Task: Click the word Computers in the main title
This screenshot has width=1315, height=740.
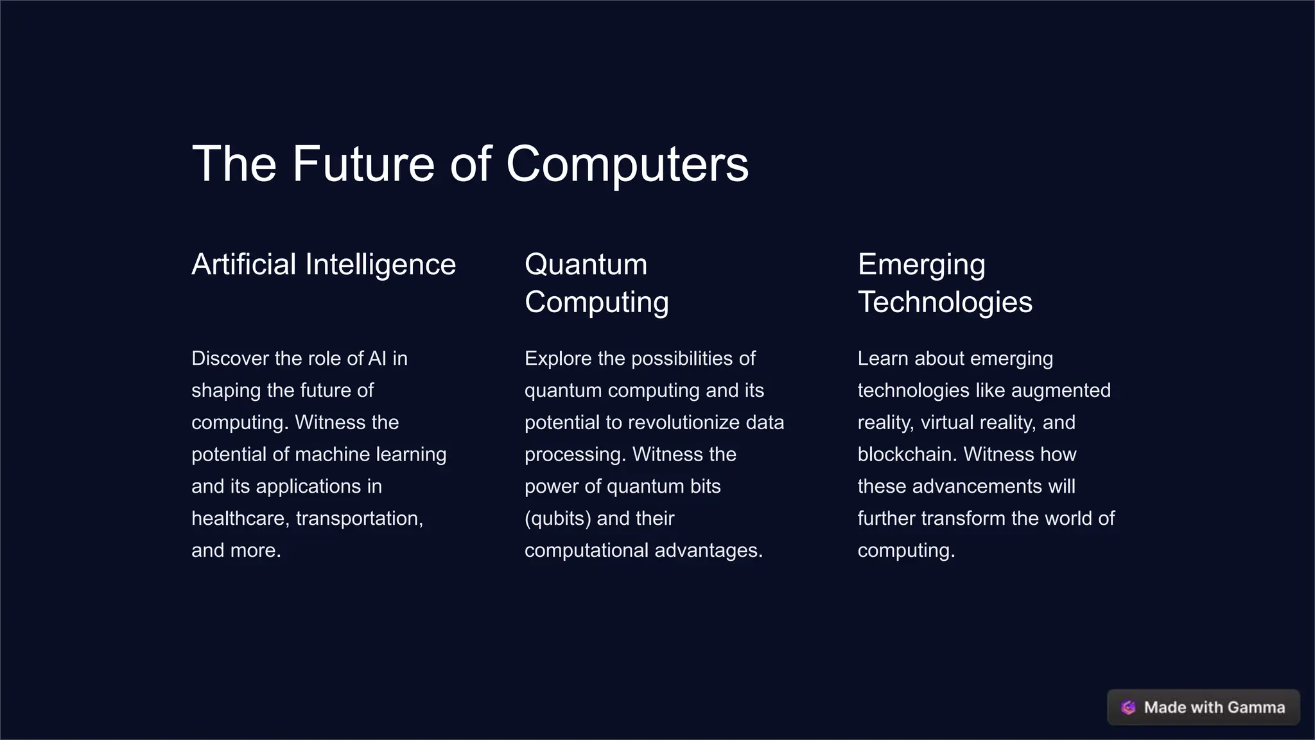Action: [x=627, y=164]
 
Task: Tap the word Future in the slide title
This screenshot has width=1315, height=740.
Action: [x=363, y=164]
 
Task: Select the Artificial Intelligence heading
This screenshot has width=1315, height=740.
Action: [x=324, y=265]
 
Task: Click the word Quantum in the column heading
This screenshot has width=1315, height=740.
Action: [x=586, y=265]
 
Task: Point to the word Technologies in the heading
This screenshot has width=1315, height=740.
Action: [x=945, y=302]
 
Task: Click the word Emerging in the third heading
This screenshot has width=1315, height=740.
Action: [x=921, y=265]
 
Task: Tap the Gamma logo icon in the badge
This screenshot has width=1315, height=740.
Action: [x=1128, y=707]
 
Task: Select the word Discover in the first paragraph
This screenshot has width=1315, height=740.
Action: [x=230, y=358]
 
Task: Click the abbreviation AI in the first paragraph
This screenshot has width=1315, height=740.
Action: [x=378, y=358]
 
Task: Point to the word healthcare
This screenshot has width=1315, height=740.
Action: [x=241, y=518]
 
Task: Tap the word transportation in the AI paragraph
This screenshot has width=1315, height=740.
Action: [x=359, y=518]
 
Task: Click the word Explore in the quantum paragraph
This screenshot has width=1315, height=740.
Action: [x=558, y=358]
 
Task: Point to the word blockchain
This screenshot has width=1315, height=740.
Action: [x=907, y=455]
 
